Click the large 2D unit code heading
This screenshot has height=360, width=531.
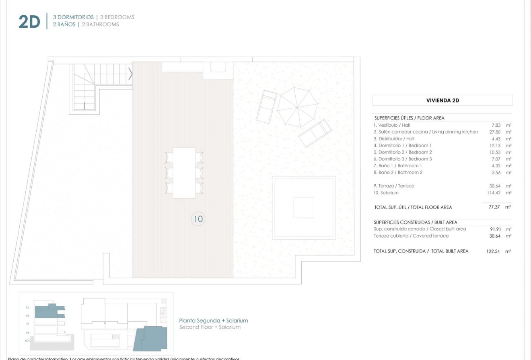(29, 22)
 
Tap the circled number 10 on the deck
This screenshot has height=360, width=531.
(198, 219)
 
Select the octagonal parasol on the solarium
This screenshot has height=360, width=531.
(298, 107)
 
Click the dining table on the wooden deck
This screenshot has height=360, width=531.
(184, 173)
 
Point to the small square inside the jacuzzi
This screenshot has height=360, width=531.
(303, 208)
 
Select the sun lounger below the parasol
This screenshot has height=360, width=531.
(315, 133)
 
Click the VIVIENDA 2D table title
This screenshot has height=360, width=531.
(442, 100)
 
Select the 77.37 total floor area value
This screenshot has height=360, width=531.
(493, 207)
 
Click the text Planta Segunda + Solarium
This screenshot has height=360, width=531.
(213, 321)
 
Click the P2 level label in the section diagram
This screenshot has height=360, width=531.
(28, 316)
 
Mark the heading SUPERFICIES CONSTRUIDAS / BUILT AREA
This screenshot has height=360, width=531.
(415, 222)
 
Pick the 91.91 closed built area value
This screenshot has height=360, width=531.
(494, 229)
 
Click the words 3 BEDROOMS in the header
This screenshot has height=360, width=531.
(117, 17)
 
